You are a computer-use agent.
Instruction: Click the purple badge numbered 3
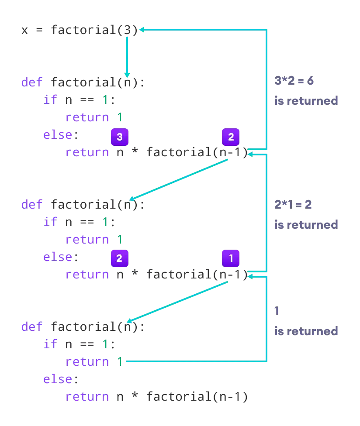[119, 137]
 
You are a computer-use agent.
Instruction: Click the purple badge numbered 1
[231, 258]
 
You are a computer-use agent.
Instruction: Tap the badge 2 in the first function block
[231, 137]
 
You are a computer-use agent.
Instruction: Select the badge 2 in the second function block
[119, 258]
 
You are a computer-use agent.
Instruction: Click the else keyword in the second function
[57, 257]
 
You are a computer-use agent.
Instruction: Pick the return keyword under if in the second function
[87, 239]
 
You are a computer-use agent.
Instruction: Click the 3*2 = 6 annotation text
[293, 81]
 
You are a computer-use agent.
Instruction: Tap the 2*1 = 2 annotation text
[293, 204]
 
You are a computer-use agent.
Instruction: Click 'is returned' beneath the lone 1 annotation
[306, 331]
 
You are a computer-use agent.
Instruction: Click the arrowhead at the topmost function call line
[142, 30]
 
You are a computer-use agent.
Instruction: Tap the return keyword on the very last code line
[87, 396]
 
